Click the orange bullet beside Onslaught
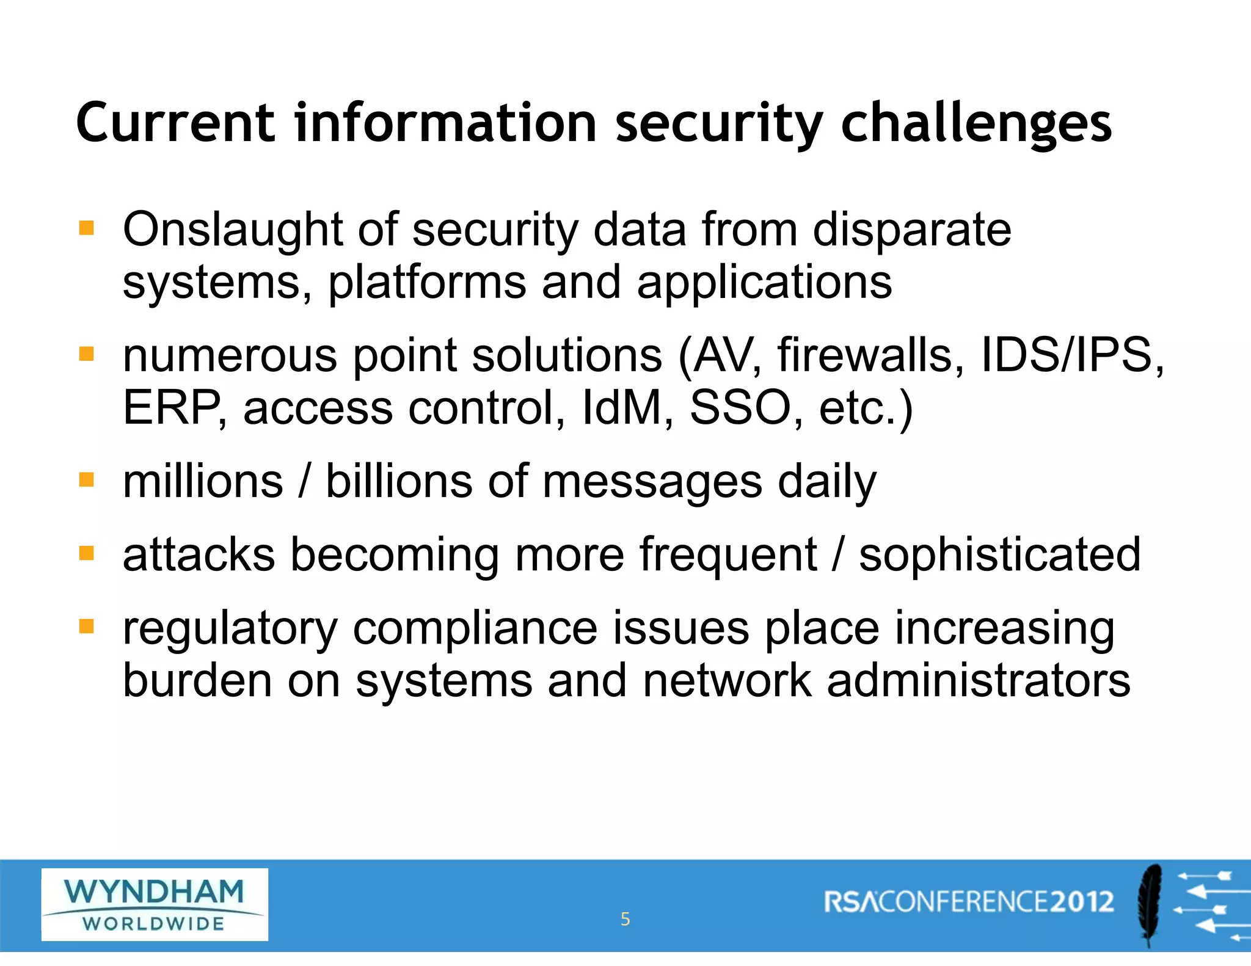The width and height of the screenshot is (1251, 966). pyautogui.click(x=87, y=228)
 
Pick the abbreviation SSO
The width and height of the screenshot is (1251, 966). pyautogui.click(x=740, y=408)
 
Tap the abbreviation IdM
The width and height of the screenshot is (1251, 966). pyautogui.click(x=622, y=408)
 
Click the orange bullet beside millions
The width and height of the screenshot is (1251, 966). pyautogui.click(x=87, y=480)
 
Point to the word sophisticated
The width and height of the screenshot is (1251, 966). pyautogui.click(x=999, y=555)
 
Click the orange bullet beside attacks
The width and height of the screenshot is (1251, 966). pyautogui.click(x=87, y=553)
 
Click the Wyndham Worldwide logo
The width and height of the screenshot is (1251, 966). pyautogui.click(x=155, y=904)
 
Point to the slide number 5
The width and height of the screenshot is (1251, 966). pyautogui.click(x=625, y=919)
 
